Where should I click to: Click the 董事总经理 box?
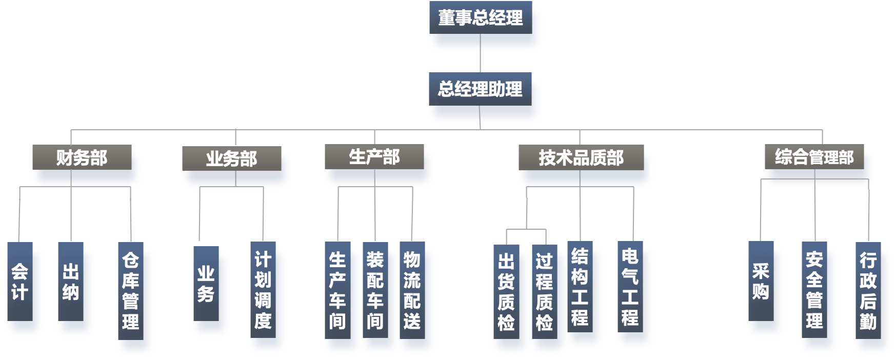481,18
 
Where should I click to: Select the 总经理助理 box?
481,89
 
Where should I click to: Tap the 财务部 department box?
82,157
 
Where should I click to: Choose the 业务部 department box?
232,159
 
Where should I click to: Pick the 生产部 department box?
374,157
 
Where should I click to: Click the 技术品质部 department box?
581,157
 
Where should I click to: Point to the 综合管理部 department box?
814,157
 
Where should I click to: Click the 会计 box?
20,282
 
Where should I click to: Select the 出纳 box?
71,282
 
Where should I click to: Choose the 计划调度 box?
263,290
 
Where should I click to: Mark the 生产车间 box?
337,290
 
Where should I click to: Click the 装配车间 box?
375,290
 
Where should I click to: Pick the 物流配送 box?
412,290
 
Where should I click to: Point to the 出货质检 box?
506,292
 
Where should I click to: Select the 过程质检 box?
544,292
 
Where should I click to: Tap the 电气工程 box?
630,287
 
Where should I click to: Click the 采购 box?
761,282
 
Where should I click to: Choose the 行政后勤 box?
868,291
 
